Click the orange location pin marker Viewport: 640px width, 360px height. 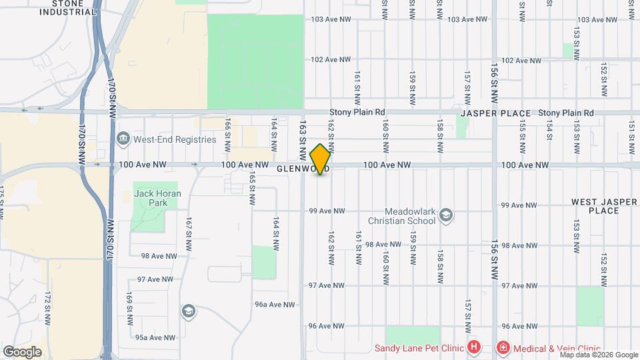click(x=321, y=159)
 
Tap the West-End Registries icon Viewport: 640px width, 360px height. click(x=123, y=139)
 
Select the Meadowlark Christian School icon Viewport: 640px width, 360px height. click(x=446, y=215)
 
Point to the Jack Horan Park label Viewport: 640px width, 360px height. click(x=153, y=197)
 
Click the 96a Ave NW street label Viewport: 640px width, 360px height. click(x=275, y=305)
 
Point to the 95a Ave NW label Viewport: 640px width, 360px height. click(x=155, y=338)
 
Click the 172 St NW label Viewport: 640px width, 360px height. click(x=47, y=307)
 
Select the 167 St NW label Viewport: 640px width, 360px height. click(x=189, y=230)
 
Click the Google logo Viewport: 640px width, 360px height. click(x=22, y=351)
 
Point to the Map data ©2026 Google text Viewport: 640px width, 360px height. click(x=599, y=355)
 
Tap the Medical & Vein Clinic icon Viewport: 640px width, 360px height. click(x=502, y=347)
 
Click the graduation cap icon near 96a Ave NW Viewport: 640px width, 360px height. click(x=189, y=311)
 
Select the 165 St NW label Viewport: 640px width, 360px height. click(x=252, y=189)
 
